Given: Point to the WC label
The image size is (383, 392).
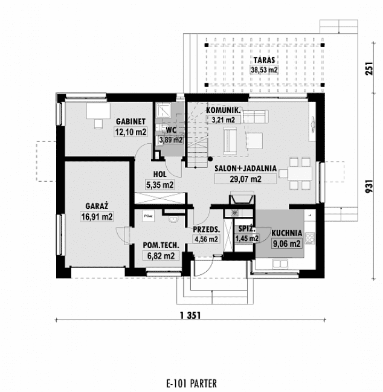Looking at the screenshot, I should (171, 129).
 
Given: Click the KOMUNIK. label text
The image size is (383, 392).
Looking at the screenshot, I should (224, 111).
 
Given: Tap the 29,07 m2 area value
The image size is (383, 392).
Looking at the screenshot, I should (244, 179).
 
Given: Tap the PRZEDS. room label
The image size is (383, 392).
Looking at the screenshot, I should (206, 230).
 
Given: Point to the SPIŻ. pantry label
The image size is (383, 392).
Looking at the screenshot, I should (246, 230).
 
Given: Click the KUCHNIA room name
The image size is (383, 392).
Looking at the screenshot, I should (286, 234).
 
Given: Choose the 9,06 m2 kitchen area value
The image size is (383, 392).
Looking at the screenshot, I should (286, 244).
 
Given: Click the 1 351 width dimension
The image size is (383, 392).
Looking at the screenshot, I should (190, 315).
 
